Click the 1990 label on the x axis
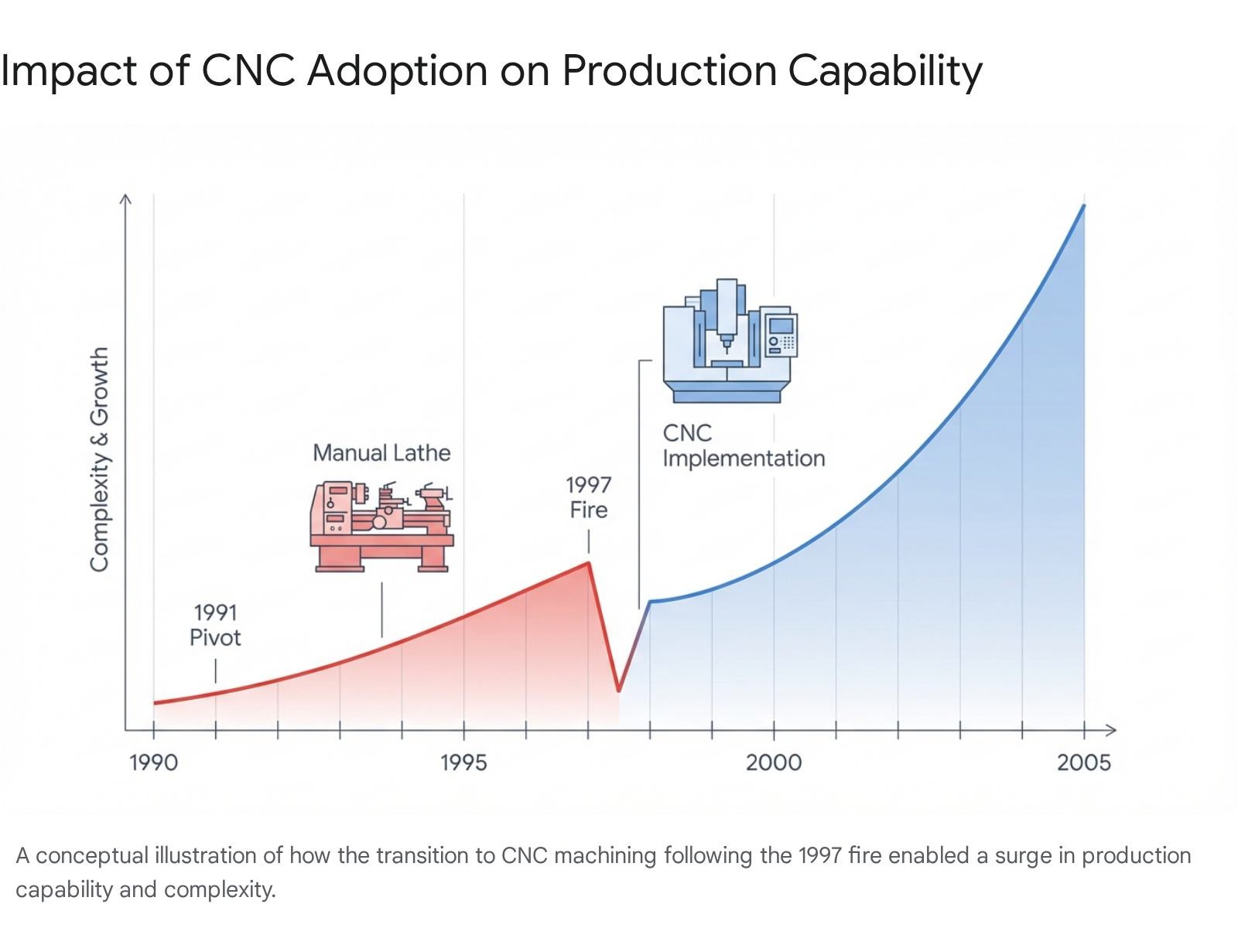[153, 763]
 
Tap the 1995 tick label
[463, 763]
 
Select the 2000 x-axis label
[774, 763]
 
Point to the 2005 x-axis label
[1083, 763]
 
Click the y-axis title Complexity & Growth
[100, 459]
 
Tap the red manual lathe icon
[381, 527]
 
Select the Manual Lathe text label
[381, 453]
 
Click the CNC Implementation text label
[743, 445]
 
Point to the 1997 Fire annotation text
[589, 497]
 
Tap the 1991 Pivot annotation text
[215, 625]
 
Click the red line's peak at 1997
[589, 562]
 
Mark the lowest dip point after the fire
[619, 691]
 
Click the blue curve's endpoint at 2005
[1084, 206]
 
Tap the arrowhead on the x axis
[1112, 730]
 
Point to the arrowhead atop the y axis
[125, 199]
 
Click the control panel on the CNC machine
[781, 335]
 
